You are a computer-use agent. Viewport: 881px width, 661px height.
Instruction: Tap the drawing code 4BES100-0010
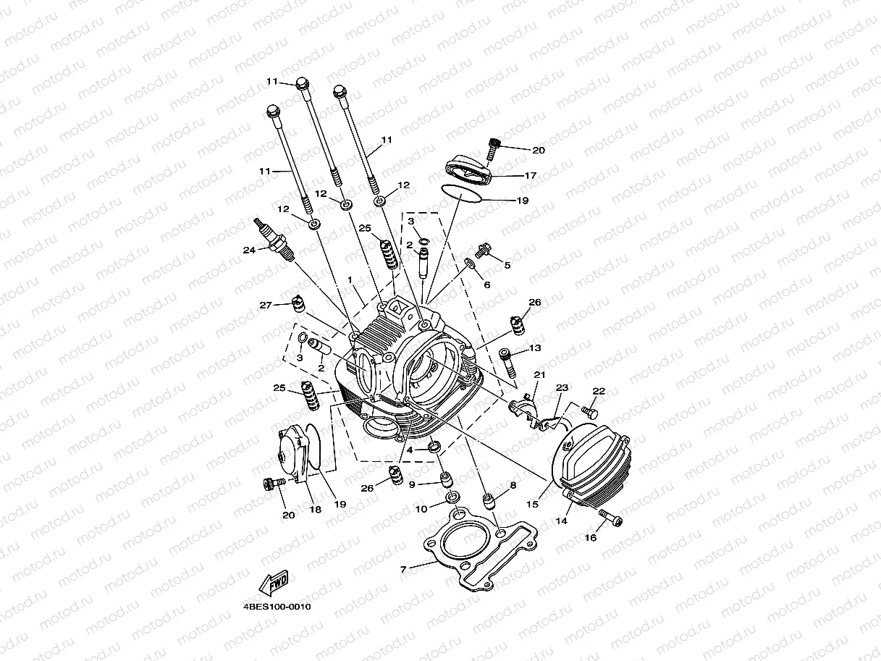(277, 607)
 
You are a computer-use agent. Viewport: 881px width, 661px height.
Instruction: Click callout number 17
(530, 175)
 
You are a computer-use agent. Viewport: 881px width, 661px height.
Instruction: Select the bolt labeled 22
(588, 412)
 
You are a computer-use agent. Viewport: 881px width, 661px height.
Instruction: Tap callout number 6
(486, 285)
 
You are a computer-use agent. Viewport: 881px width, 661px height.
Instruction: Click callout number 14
(561, 521)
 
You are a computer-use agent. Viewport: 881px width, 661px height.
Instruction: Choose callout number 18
(315, 509)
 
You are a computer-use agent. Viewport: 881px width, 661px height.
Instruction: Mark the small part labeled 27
(296, 303)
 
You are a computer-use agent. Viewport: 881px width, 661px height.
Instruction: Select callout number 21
(539, 374)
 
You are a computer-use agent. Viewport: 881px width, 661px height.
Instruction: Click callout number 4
(410, 450)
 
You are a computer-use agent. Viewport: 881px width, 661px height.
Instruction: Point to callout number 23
(562, 387)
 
